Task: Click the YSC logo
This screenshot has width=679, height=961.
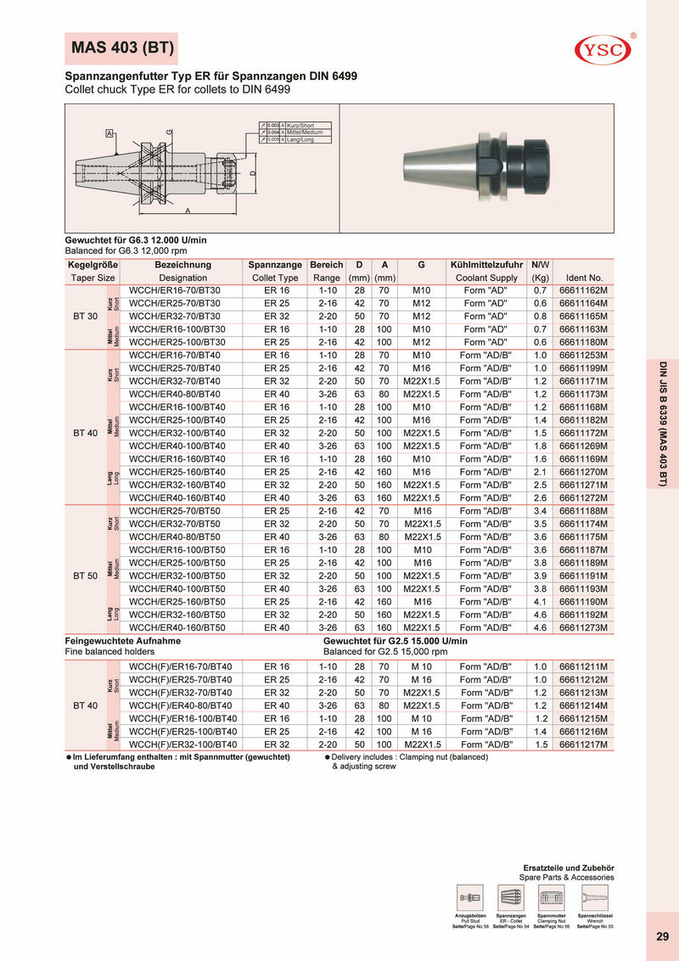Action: [x=604, y=49]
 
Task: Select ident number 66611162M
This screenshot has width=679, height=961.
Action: [x=588, y=290]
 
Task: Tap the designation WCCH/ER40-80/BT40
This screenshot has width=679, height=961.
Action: [x=175, y=395]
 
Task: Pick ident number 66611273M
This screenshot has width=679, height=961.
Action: [x=588, y=627]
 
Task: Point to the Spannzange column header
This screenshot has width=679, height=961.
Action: [x=275, y=265]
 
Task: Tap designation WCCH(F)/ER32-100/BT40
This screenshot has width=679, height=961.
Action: [x=182, y=745]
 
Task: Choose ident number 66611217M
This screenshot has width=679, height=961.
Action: [x=588, y=745]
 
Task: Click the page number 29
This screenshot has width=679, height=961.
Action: [x=662, y=936]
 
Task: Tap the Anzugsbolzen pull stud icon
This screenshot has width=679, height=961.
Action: [x=469, y=896]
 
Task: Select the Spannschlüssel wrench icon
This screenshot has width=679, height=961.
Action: [x=594, y=896]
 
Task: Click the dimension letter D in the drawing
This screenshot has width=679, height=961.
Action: [x=252, y=175]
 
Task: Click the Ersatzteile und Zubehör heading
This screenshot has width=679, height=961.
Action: [x=568, y=867]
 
